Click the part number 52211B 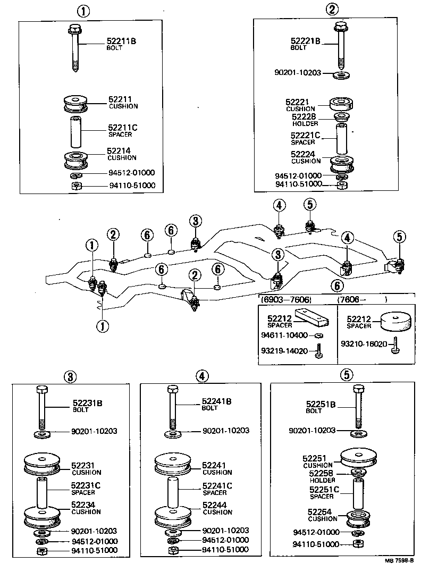[x=122, y=40]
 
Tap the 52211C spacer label [x=122, y=128]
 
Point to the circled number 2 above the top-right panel [x=332, y=9]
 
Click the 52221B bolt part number [x=305, y=40]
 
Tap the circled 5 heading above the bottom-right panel [x=346, y=375]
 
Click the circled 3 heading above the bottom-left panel [x=70, y=376]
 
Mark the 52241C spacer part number [x=217, y=485]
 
